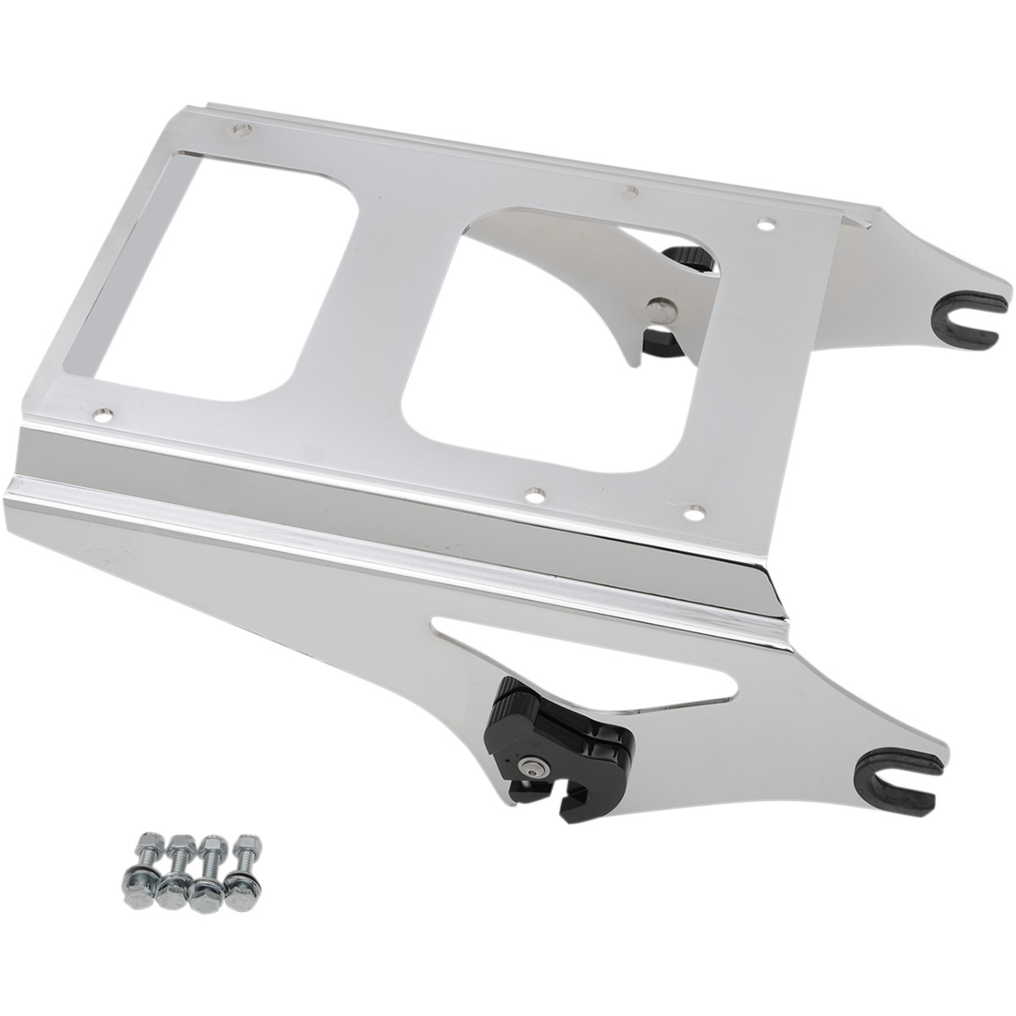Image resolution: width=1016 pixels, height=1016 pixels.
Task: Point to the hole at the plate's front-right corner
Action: (x=695, y=511)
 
